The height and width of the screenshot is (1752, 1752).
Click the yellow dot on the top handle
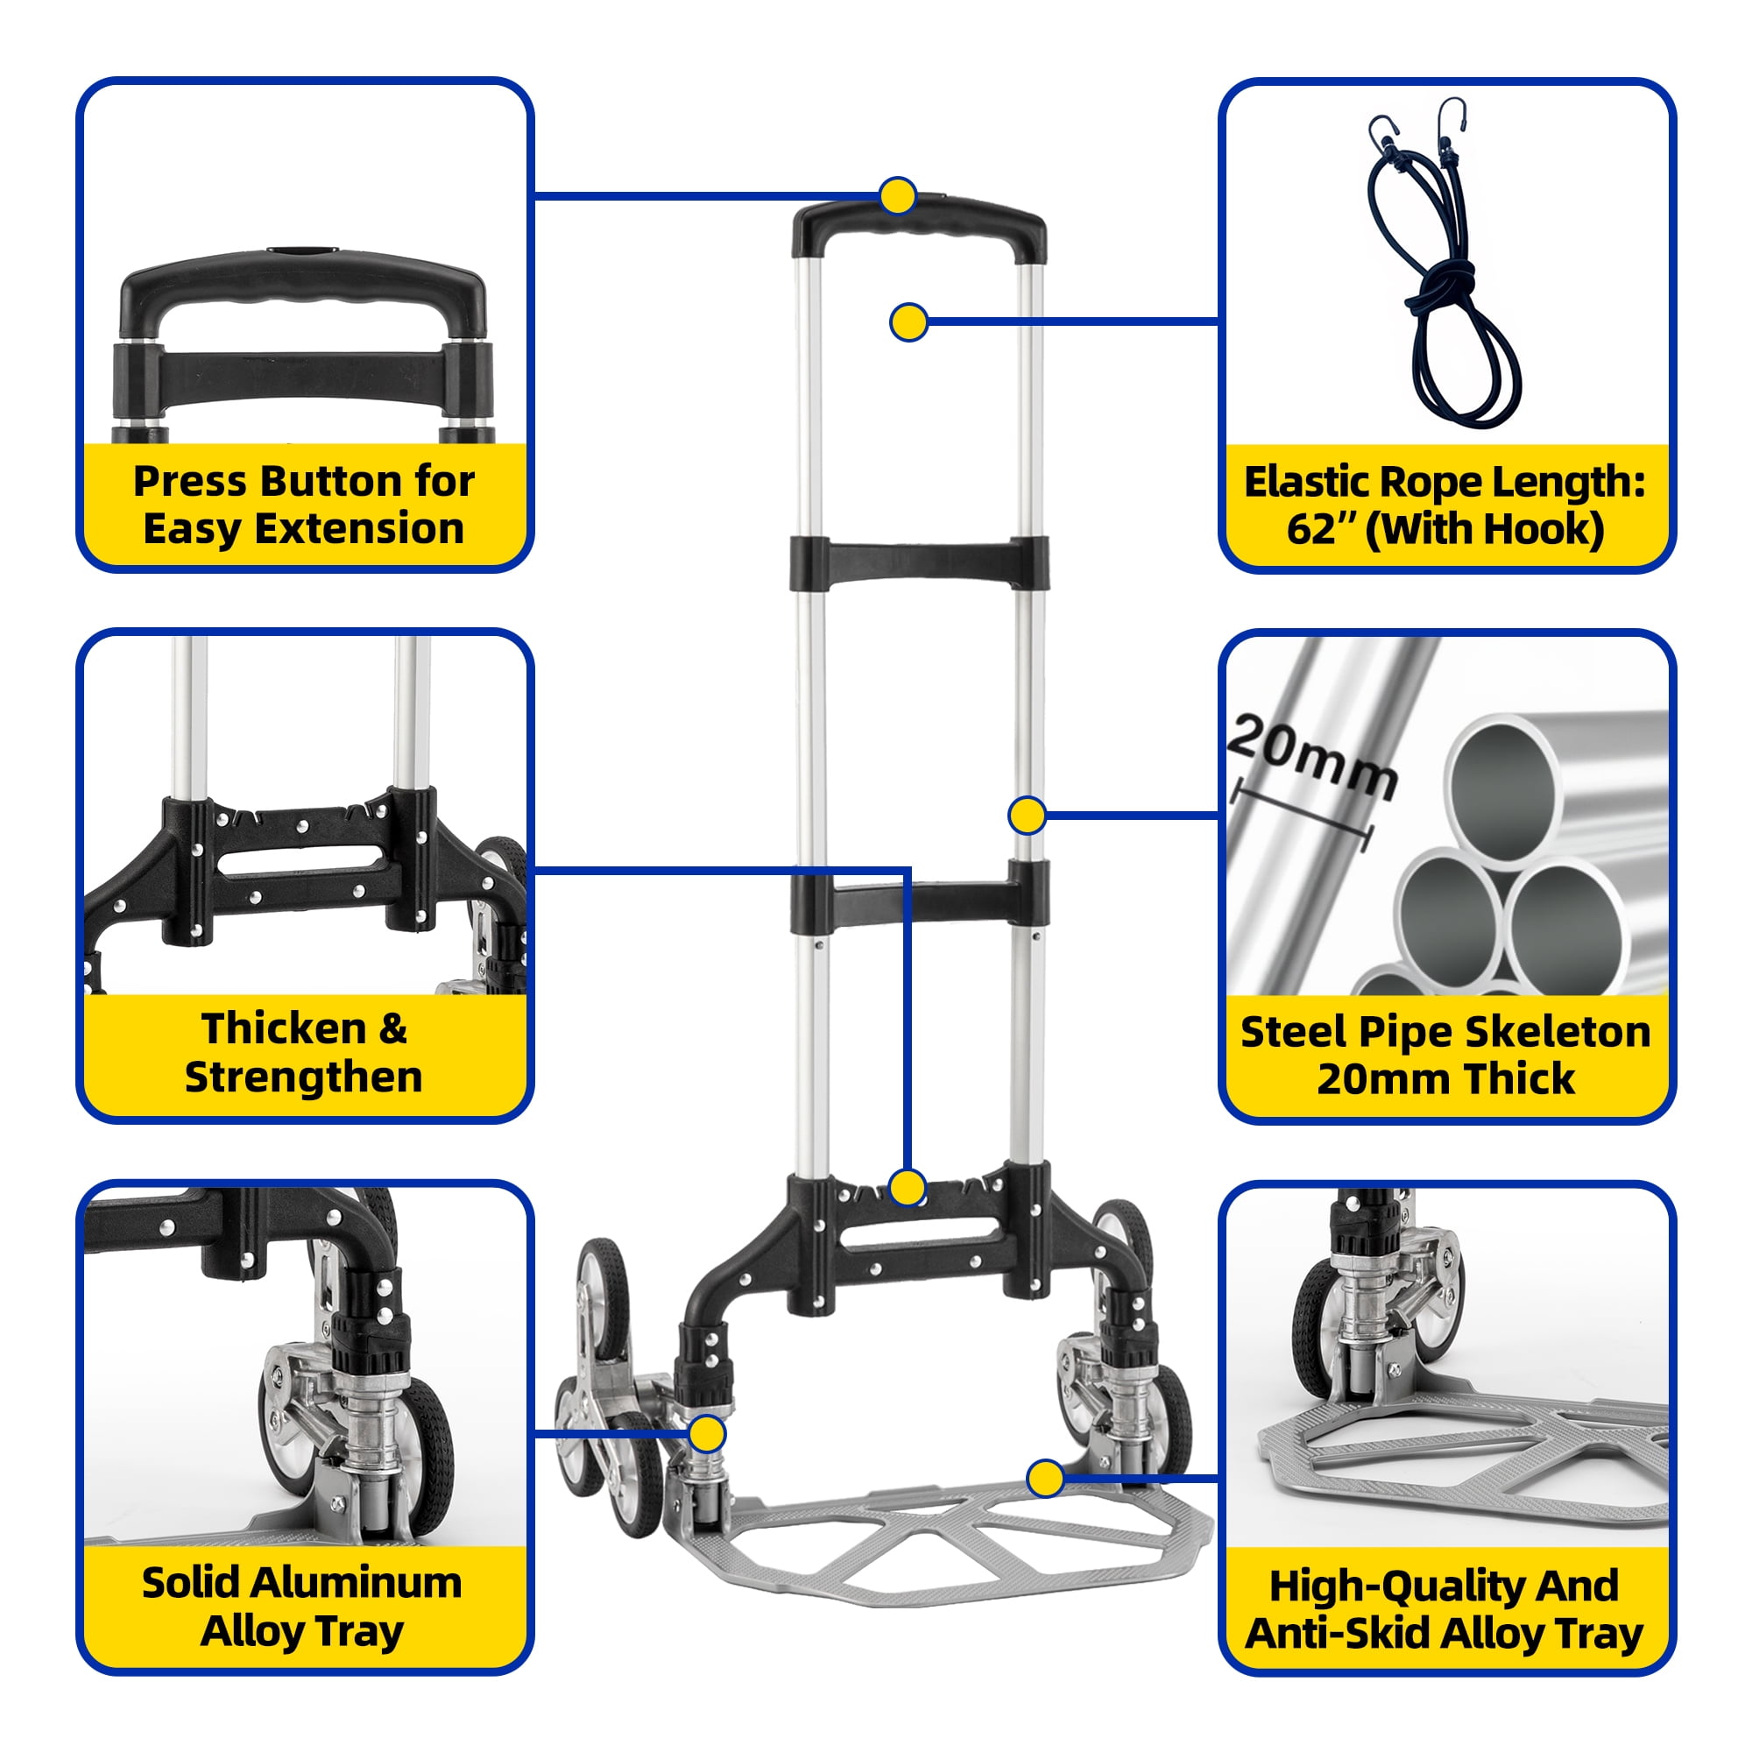click(x=898, y=196)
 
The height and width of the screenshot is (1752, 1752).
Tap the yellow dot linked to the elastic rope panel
click(x=908, y=321)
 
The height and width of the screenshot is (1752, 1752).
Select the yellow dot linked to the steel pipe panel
click(x=1027, y=816)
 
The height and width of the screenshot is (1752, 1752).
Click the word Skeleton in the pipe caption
click(x=1558, y=1032)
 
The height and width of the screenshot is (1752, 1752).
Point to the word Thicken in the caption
click(x=284, y=1029)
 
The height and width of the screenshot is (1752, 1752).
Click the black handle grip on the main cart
click(x=919, y=228)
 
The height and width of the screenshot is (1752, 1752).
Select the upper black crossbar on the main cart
click(x=919, y=563)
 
